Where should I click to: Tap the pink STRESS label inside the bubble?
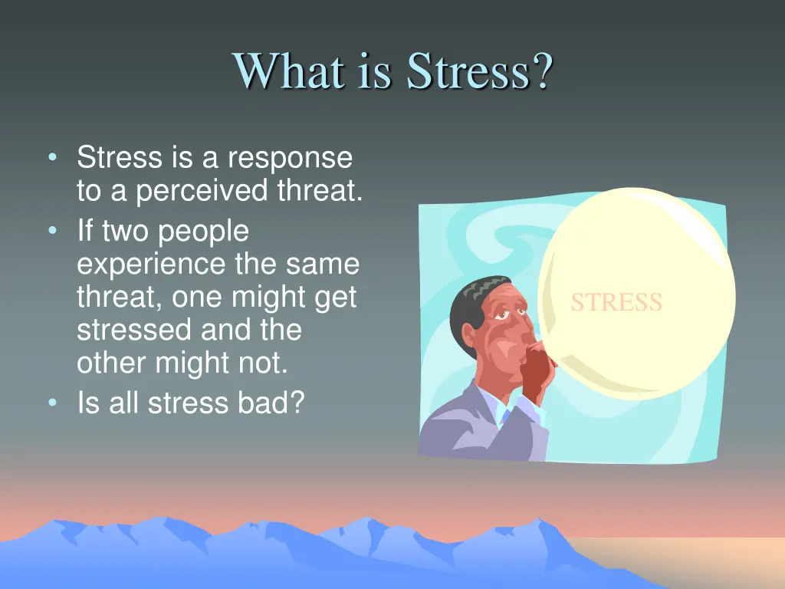616,302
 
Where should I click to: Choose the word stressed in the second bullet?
134,330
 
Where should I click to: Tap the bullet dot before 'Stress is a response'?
51,159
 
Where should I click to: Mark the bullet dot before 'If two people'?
51,231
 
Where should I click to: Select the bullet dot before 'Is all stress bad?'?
51,401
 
